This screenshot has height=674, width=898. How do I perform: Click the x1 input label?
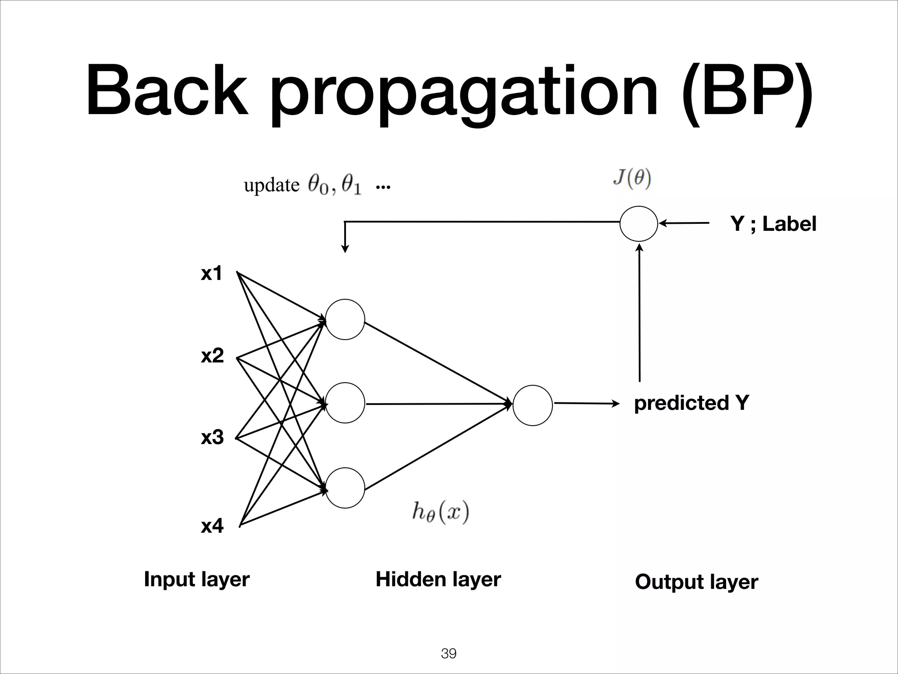pyautogui.click(x=212, y=273)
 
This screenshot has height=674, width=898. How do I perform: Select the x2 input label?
pyautogui.click(x=212, y=355)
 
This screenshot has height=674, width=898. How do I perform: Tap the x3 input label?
pyautogui.click(x=212, y=437)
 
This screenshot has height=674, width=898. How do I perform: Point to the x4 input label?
pyautogui.click(x=212, y=526)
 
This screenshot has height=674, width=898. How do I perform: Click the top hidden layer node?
pyautogui.click(x=345, y=319)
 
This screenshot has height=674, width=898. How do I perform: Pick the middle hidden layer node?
pyautogui.click(x=345, y=403)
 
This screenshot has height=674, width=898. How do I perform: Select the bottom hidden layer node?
pyautogui.click(x=345, y=488)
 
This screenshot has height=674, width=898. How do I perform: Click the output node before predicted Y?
pyautogui.click(x=532, y=405)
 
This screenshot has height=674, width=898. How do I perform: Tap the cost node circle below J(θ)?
pyautogui.click(x=638, y=224)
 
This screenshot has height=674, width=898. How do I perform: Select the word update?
pyautogui.click(x=271, y=186)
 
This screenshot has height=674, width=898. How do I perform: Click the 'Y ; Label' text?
pyautogui.click(x=773, y=224)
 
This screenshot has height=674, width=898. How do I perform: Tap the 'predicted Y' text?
pyautogui.click(x=691, y=403)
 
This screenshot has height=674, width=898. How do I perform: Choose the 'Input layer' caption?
pyautogui.click(x=197, y=580)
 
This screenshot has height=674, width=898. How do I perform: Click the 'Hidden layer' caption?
pyautogui.click(x=438, y=580)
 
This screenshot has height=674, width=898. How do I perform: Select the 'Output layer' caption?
pyautogui.click(x=696, y=582)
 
